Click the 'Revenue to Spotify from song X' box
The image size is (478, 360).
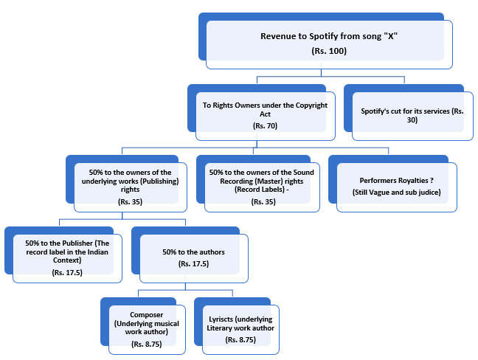click(325, 41)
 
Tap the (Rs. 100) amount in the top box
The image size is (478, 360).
click(329, 51)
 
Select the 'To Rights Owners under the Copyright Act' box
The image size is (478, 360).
click(261, 112)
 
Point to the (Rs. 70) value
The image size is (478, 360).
click(265, 126)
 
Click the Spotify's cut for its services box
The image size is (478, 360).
click(409, 112)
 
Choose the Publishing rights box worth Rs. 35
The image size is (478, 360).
click(126, 184)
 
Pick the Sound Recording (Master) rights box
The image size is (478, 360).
click(258, 184)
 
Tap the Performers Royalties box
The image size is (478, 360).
click(392, 184)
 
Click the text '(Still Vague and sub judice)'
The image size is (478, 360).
click(397, 193)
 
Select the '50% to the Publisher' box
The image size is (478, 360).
click(63, 255)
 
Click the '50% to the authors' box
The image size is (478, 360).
click(190, 255)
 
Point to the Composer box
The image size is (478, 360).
click(143, 326)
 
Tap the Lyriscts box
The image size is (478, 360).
click(237, 326)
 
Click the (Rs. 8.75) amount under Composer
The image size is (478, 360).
click(147, 345)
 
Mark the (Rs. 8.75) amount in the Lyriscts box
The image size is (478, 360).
click(240, 339)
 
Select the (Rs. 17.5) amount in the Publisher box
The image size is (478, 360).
click(67, 272)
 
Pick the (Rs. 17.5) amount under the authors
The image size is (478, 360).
click(193, 263)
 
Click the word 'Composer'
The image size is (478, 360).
click(147, 315)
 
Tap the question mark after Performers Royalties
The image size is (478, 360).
click(432, 180)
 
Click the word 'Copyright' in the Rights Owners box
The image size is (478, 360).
click(311, 105)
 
